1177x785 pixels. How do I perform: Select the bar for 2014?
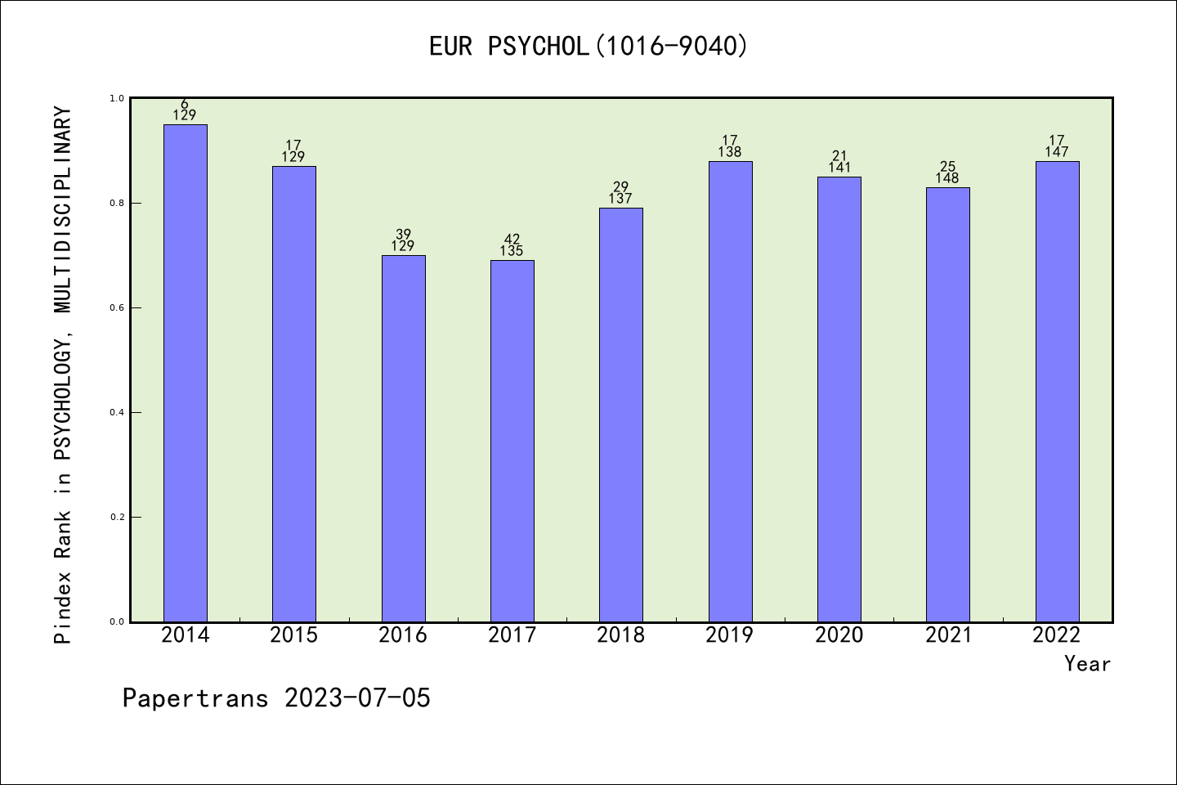point(185,373)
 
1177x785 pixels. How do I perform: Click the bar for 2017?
point(512,441)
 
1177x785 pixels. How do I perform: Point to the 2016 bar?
point(403,438)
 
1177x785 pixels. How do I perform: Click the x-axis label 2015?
point(293,635)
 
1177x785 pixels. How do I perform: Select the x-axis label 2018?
point(620,635)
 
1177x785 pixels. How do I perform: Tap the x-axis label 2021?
point(948,635)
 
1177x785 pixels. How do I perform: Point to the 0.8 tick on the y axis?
point(116,203)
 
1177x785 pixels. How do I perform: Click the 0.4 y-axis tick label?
point(116,412)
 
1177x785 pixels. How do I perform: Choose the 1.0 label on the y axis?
point(116,98)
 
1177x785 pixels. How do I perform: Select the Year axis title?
point(1087,664)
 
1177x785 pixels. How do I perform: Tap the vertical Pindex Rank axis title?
point(64,375)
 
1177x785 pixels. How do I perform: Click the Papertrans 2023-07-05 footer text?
point(276,698)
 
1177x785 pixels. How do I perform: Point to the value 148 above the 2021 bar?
point(947,178)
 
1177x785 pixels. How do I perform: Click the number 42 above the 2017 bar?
point(512,240)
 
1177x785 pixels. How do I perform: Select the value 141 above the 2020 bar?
point(839,168)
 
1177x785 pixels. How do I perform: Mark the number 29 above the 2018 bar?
point(620,187)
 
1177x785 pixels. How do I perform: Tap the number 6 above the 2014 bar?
point(185,104)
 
